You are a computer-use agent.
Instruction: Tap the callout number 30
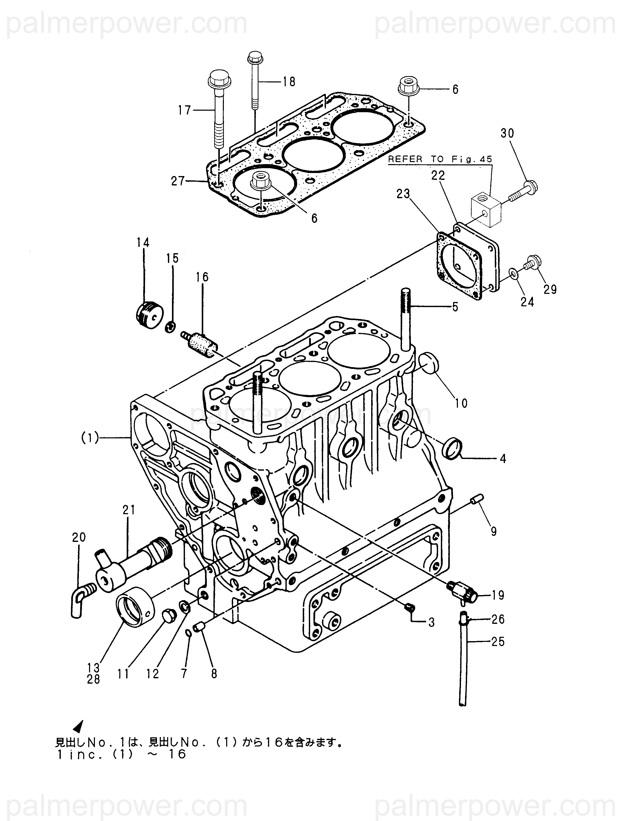point(507,133)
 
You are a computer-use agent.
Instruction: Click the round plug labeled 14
point(149,315)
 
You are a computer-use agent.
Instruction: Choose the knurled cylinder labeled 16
point(200,343)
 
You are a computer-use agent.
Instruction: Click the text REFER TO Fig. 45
point(440,159)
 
